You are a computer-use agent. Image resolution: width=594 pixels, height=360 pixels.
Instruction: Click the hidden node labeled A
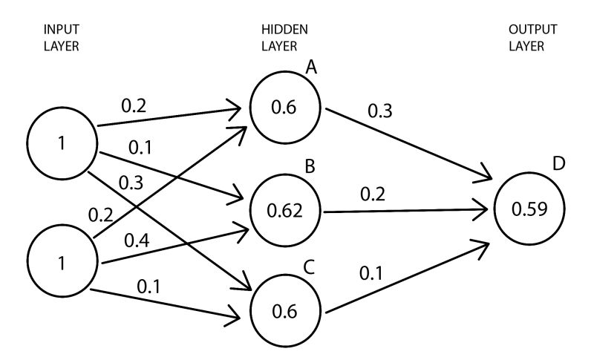click(285, 107)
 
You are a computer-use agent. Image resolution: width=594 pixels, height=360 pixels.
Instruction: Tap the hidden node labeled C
click(285, 312)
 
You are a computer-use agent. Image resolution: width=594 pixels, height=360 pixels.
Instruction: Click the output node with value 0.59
click(529, 209)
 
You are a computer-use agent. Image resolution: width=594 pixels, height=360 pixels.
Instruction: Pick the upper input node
click(61, 143)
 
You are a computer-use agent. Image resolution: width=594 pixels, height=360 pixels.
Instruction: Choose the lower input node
click(61, 263)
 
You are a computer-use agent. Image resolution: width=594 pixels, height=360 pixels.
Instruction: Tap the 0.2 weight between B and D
click(373, 194)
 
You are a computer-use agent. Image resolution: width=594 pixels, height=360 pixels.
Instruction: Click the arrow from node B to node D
click(408, 210)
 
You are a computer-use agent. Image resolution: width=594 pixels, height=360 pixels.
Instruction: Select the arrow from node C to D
click(408, 278)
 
